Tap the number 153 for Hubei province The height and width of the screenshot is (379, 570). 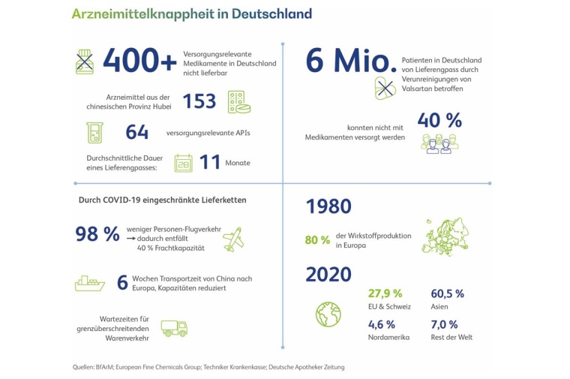coord(199,101)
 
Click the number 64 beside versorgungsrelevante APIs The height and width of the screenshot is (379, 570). coord(136,132)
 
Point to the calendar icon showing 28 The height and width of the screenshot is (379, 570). coord(183,163)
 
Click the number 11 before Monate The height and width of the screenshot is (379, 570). coord(210,162)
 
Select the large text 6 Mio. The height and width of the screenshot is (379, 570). coord(351,62)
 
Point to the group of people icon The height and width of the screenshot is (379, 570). coord(439,143)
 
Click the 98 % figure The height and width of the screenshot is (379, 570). coord(97,234)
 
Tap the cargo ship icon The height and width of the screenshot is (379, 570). coord(90,283)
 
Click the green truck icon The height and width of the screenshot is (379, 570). coord(174,327)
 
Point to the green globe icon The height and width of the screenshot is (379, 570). coord(328,314)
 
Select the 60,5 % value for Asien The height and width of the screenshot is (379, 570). coord(447,293)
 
